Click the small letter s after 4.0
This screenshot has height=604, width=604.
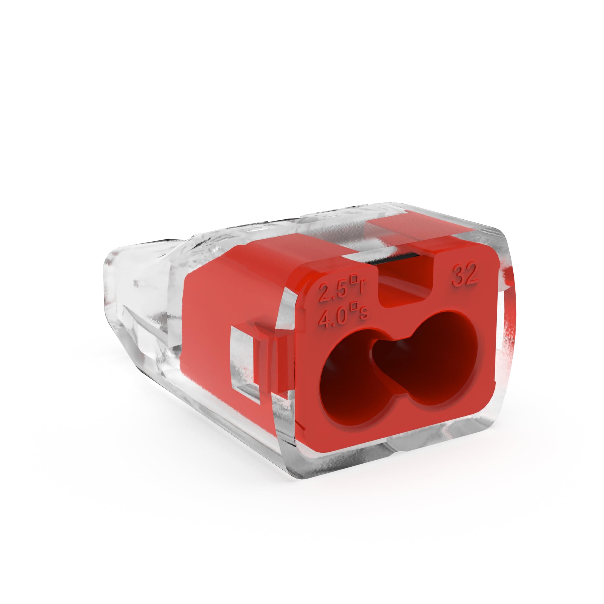click(x=363, y=315)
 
